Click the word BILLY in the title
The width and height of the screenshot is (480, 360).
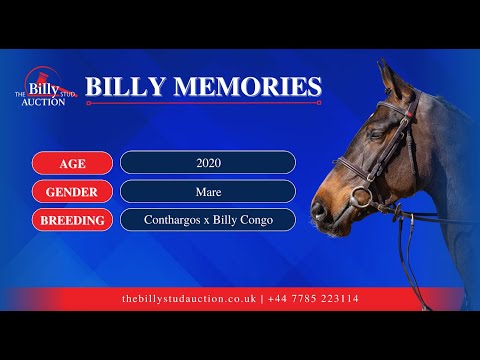click(126, 87)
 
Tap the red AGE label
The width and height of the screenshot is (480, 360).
click(72, 162)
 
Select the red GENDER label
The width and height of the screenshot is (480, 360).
click(72, 191)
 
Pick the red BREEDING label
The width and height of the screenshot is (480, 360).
click(72, 219)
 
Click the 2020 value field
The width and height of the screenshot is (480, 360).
click(208, 162)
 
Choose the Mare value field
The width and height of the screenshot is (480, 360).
click(208, 191)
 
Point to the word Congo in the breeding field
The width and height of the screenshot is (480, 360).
click(252, 219)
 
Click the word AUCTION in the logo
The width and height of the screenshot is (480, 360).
click(43, 101)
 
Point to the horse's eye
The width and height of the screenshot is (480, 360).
click(377, 134)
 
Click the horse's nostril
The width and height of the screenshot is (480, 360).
click(319, 210)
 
